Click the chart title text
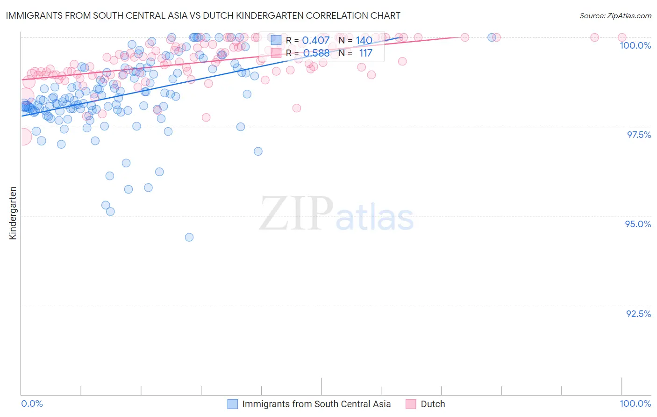coord(203,15)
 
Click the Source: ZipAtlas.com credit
coord(615,16)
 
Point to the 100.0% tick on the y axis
coord(635,45)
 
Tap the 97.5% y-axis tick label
coord(639,135)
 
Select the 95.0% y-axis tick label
coord(638,224)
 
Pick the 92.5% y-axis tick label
coord(638,314)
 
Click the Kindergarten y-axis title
coord(13,213)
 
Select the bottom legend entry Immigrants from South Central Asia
coord(316,404)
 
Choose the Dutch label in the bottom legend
coord(433,404)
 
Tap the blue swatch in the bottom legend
coord(233,404)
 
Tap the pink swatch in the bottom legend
coord(411,404)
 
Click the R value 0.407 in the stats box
coord(316,41)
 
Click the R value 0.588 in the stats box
coord(316,53)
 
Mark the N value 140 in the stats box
coord(364,41)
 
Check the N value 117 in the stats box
coord(365,53)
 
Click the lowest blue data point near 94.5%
coord(189,237)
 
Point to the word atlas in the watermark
coord(375,218)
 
